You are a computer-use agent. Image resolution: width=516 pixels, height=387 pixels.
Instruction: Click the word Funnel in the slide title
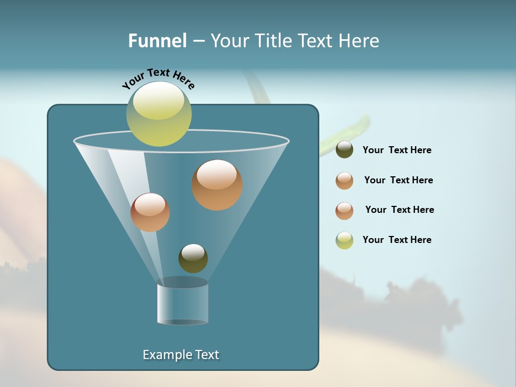(x=157, y=41)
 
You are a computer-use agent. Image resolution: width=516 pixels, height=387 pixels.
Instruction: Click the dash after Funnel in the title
(x=198, y=41)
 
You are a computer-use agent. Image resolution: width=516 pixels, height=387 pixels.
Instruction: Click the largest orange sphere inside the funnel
(x=217, y=185)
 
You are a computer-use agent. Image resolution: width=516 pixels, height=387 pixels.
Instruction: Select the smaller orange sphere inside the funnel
(x=150, y=212)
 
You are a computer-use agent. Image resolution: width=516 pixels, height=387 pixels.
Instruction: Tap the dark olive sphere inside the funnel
(x=193, y=259)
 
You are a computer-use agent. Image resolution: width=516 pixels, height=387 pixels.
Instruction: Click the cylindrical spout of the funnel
(x=182, y=304)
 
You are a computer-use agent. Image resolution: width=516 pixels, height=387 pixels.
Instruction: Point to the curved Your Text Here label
(x=158, y=77)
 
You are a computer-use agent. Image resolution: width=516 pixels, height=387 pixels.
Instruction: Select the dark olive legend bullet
(x=345, y=150)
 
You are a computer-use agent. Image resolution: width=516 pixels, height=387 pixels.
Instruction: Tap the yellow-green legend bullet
(x=345, y=240)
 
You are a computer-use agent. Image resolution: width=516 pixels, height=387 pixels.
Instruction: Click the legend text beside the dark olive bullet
(x=397, y=150)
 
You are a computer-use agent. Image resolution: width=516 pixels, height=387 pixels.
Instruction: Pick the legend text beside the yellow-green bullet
(x=397, y=240)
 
